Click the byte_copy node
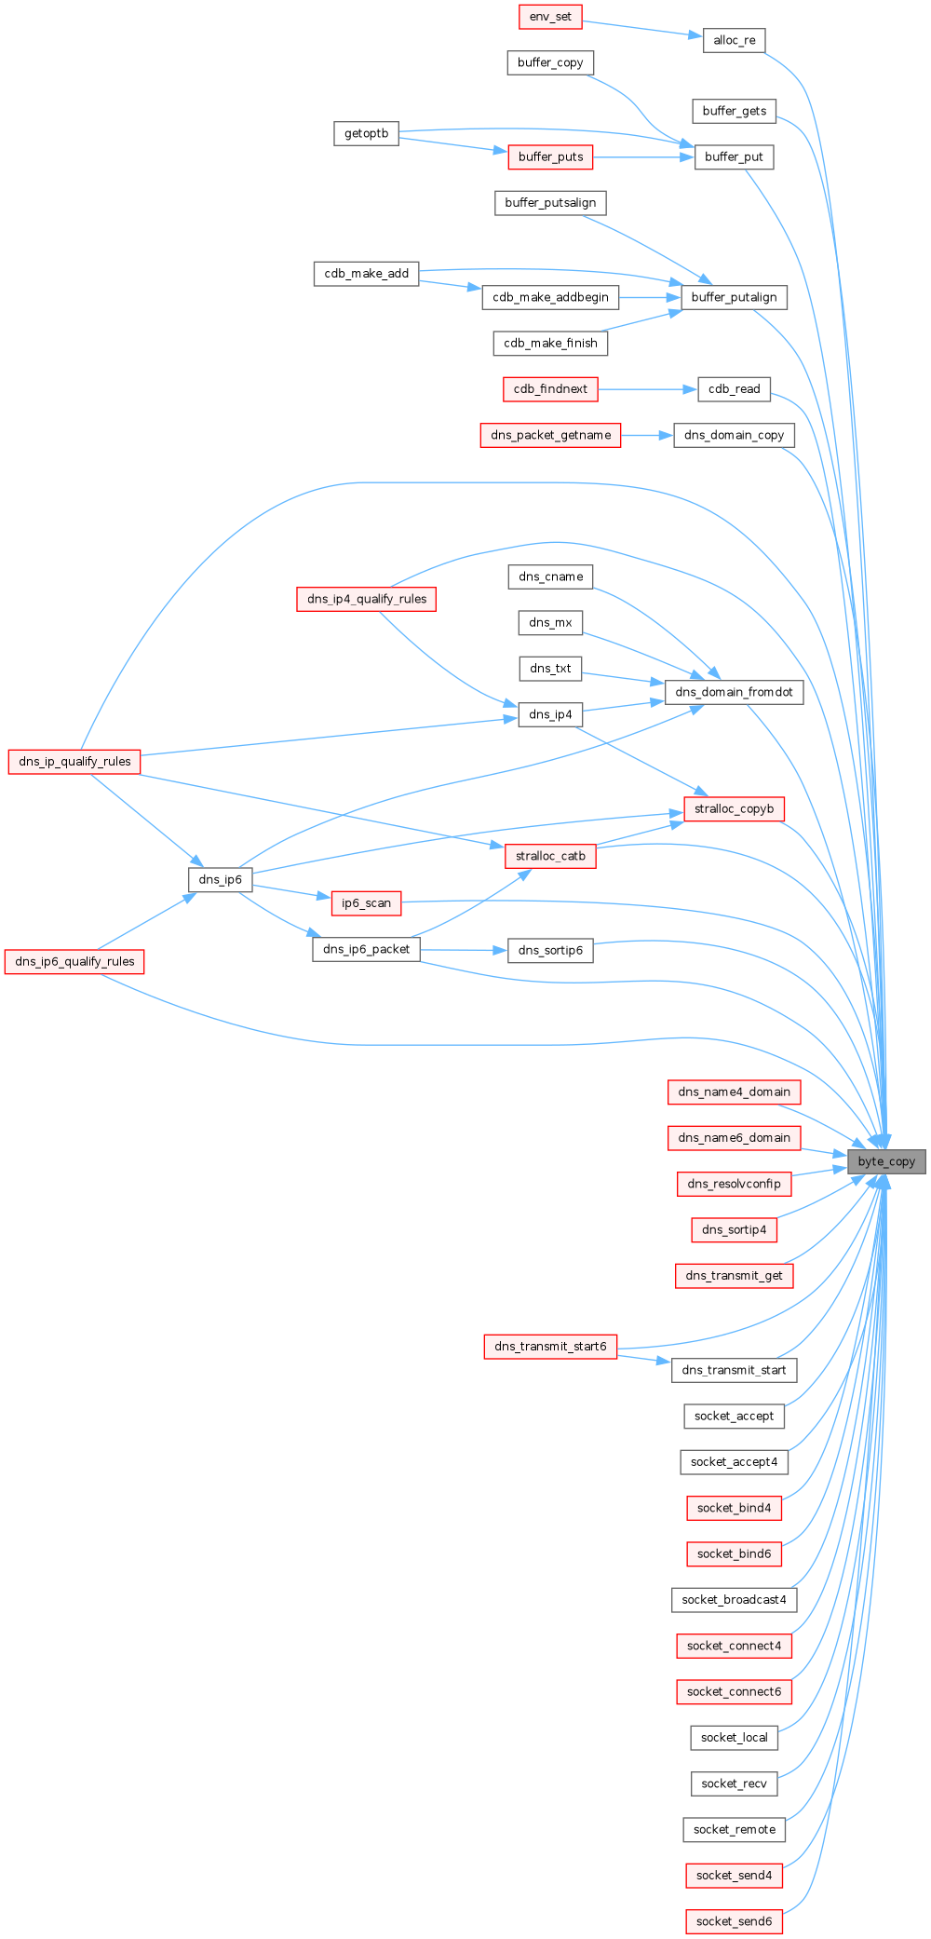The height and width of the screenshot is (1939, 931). click(x=886, y=1161)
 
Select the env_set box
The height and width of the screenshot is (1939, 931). click(x=550, y=17)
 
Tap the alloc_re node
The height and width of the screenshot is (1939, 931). click(x=734, y=40)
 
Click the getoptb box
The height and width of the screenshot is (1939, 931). click(x=366, y=133)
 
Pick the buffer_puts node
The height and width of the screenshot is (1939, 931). click(x=550, y=156)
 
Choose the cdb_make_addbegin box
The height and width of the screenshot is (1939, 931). click(x=550, y=297)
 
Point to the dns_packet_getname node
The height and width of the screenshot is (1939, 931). click(x=550, y=435)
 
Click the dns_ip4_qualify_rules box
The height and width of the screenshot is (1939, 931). click(x=366, y=599)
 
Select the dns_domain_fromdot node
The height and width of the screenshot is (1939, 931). click(x=734, y=692)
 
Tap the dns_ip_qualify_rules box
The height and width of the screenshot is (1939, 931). click(x=74, y=761)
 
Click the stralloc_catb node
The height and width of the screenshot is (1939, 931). click(x=550, y=856)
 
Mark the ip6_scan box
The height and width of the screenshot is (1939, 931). click(x=366, y=902)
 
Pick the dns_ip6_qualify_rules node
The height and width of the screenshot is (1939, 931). click(x=74, y=961)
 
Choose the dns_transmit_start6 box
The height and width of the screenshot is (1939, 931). click(x=550, y=1346)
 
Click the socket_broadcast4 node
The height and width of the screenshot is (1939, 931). click(x=734, y=1599)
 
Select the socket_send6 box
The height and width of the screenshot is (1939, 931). click(x=734, y=1920)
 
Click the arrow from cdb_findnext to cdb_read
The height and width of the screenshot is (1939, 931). click(x=647, y=389)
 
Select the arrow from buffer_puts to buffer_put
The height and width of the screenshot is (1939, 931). click(x=643, y=156)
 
